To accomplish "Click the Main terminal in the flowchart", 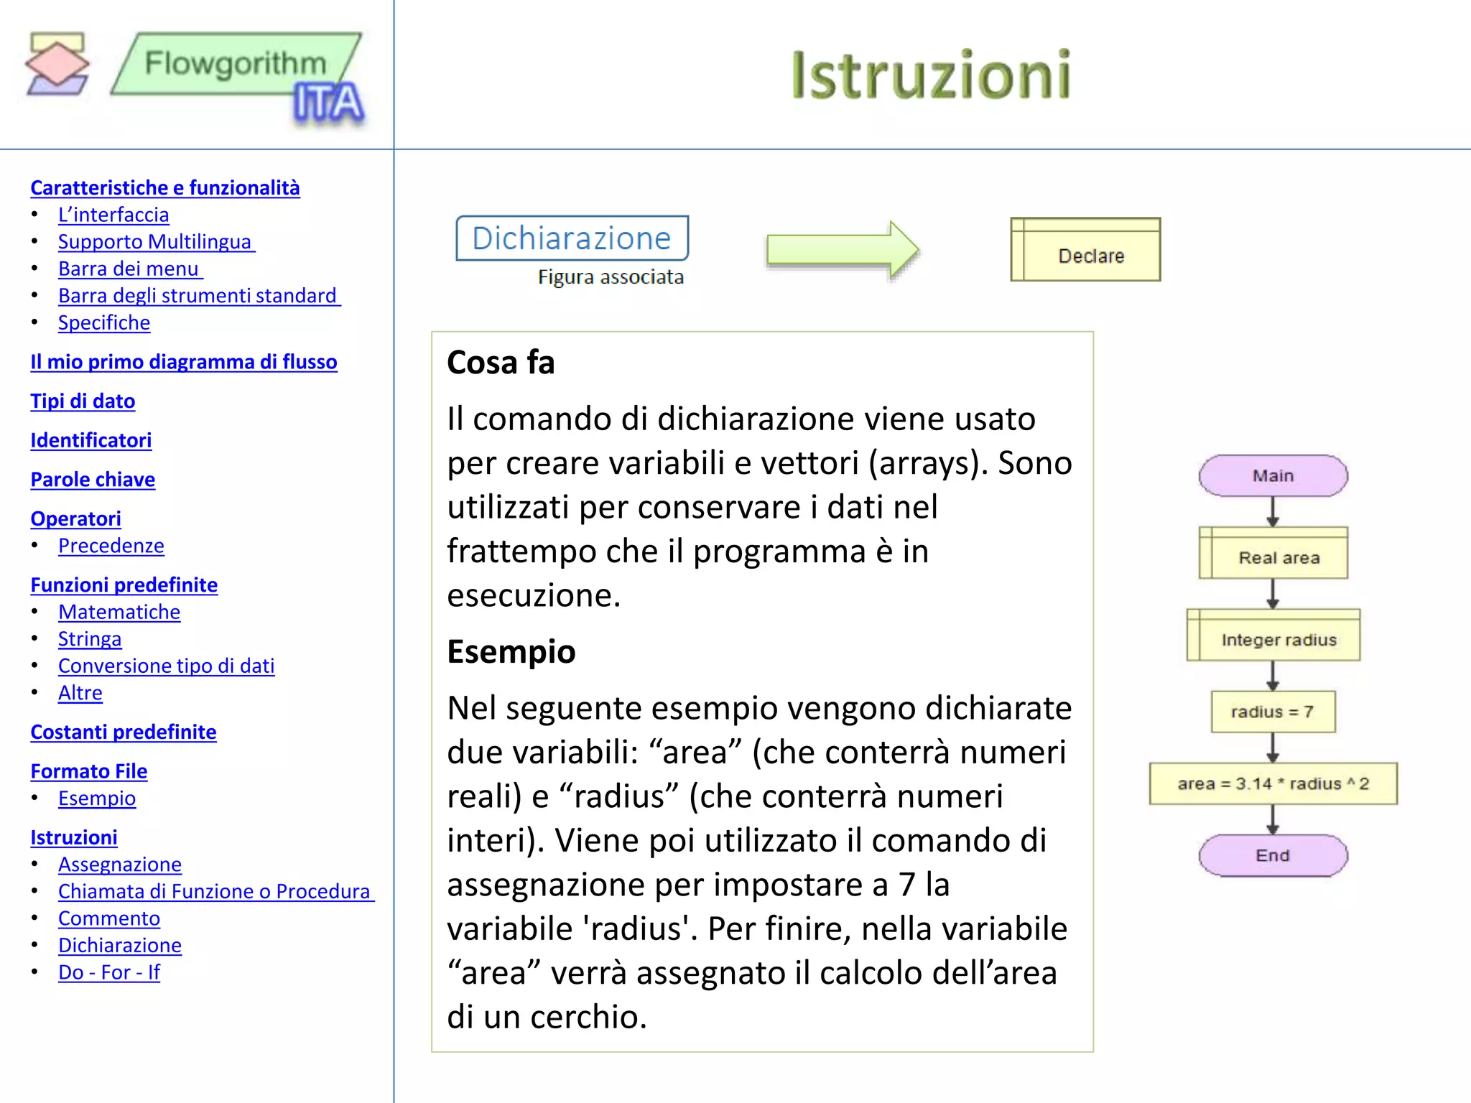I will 1273,475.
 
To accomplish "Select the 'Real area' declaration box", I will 1273,554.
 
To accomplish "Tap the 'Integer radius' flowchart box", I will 1273,636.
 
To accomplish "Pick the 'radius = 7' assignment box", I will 1273,712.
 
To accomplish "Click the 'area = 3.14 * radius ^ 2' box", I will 1273,783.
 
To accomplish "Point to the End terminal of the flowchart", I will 1273,855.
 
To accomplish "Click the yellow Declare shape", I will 1085,250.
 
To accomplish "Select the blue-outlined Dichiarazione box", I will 572,238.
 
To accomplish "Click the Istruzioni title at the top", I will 931,75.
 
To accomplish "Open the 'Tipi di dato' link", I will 83,401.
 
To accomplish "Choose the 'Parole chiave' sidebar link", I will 93,479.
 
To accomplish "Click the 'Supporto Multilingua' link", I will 155,241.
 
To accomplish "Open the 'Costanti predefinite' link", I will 124,732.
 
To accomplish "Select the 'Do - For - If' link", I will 109,972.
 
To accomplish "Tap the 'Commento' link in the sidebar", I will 109,918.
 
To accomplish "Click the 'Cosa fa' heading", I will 501,363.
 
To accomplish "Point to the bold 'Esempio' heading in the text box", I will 511,652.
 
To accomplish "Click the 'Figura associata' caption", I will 611,277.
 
